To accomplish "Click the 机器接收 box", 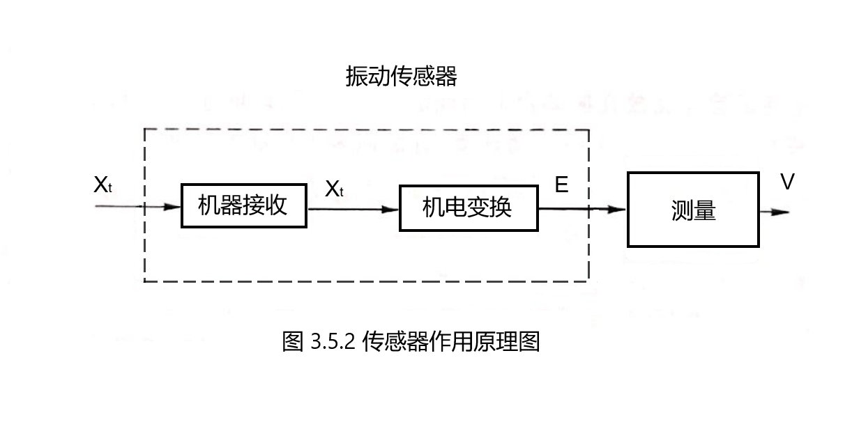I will pyautogui.click(x=243, y=206).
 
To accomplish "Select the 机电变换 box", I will pyautogui.click(x=468, y=208).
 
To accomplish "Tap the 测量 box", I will pyautogui.click(x=693, y=210).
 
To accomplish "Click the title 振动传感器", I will pyautogui.click(x=401, y=77).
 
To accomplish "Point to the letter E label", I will pyautogui.click(x=561, y=185).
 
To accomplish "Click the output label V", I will pyautogui.click(x=787, y=182).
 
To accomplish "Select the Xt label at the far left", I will pyautogui.click(x=102, y=186).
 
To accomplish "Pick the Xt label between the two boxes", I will pyautogui.click(x=335, y=188).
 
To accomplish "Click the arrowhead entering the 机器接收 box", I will pyautogui.click(x=174, y=207).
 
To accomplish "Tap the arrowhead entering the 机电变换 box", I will pyautogui.click(x=392, y=209).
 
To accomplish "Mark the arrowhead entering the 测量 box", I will pyautogui.click(x=619, y=209).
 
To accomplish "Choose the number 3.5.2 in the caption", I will pyautogui.click(x=333, y=342).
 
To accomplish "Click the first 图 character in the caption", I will pyautogui.click(x=293, y=342).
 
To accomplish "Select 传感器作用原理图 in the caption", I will pyautogui.click(x=451, y=342).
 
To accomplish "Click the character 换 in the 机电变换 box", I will pyautogui.click(x=501, y=208).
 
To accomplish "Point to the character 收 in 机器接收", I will pyautogui.click(x=277, y=205).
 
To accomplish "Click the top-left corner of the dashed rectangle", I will pyautogui.click(x=144, y=130).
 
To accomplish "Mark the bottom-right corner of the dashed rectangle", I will pyautogui.click(x=588, y=281).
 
